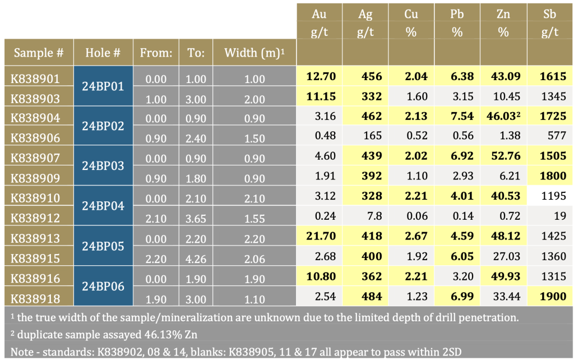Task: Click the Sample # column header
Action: click(38, 53)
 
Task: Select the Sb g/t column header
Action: click(550, 23)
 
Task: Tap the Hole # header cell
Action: click(103, 53)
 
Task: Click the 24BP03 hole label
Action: click(103, 166)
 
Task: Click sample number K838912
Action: click(35, 216)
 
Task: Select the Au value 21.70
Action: click(318, 236)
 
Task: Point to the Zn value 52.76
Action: click(503, 156)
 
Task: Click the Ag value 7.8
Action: click(365, 216)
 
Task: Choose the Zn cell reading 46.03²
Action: click(504, 117)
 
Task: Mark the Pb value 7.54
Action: click(457, 117)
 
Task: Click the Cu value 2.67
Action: click(411, 236)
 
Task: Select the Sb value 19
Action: click(550, 216)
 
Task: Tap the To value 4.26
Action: click(196, 256)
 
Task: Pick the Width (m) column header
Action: click(254, 53)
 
